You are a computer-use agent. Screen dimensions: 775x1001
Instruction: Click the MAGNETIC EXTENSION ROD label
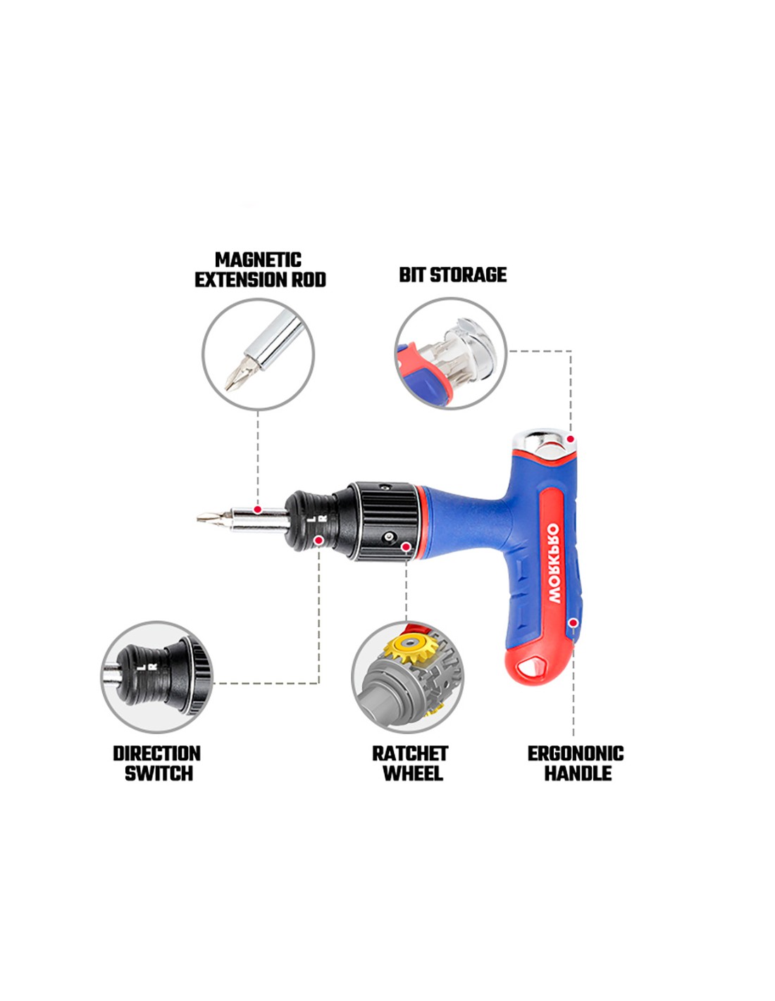(260, 270)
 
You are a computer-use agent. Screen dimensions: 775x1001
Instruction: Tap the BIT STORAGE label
(452, 275)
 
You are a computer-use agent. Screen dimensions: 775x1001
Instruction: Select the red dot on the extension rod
(258, 510)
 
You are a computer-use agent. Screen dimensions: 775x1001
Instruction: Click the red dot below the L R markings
(318, 540)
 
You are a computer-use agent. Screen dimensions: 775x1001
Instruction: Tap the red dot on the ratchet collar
(406, 546)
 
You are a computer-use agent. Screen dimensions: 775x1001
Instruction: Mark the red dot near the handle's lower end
(573, 623)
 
